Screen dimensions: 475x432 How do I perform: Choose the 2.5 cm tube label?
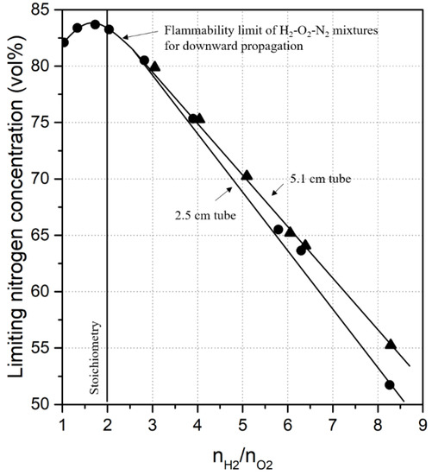[x=195, y=207]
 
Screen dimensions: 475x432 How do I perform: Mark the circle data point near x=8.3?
[x=390, y=384]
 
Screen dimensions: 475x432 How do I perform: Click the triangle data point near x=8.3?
[x=391, y=345]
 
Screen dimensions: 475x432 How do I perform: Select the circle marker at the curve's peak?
[x=95, y=24]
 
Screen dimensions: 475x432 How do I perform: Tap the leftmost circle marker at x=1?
[x=64, y=42]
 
